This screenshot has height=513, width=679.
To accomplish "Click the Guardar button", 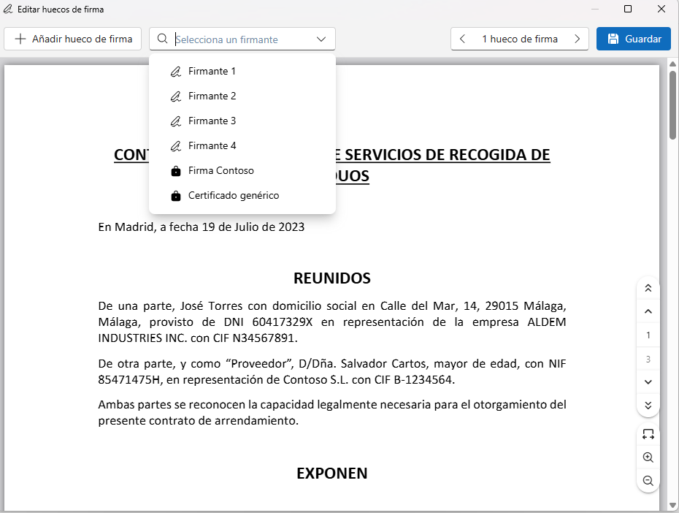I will click(x=633, y=39).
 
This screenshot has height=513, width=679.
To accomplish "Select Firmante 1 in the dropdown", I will click(x=212, y=72).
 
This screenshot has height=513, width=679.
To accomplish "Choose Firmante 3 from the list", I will click(x=212, y=121).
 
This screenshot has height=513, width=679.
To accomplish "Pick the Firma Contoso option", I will click(x=220, y=171).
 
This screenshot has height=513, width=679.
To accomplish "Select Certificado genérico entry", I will click(x=233, y=196).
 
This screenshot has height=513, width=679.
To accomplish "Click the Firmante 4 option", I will click(x=212, y=146).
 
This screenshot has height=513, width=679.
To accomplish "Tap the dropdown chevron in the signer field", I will click(x=321, y=39).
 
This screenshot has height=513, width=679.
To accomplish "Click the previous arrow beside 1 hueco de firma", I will click(x=463, y=39).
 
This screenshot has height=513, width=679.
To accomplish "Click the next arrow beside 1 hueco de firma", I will click(x=578, y=39).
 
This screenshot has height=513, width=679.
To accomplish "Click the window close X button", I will click(x=661, y=9).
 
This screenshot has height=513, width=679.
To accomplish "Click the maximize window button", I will click(x=628, y=9).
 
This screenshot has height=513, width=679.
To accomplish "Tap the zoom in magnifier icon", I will click(x=648, y=457).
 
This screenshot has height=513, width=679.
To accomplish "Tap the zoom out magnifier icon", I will click(x=648, y=481).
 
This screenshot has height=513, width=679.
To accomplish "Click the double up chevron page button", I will click(x=648, y=288).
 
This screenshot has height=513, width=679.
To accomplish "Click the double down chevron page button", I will click(x=648, y=405).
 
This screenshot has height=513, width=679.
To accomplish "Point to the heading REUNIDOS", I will click(x=331, y=278).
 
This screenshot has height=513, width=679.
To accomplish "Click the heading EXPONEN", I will click(x=331, y=474).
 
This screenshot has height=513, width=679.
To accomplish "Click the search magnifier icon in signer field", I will click(x=162, y=39).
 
